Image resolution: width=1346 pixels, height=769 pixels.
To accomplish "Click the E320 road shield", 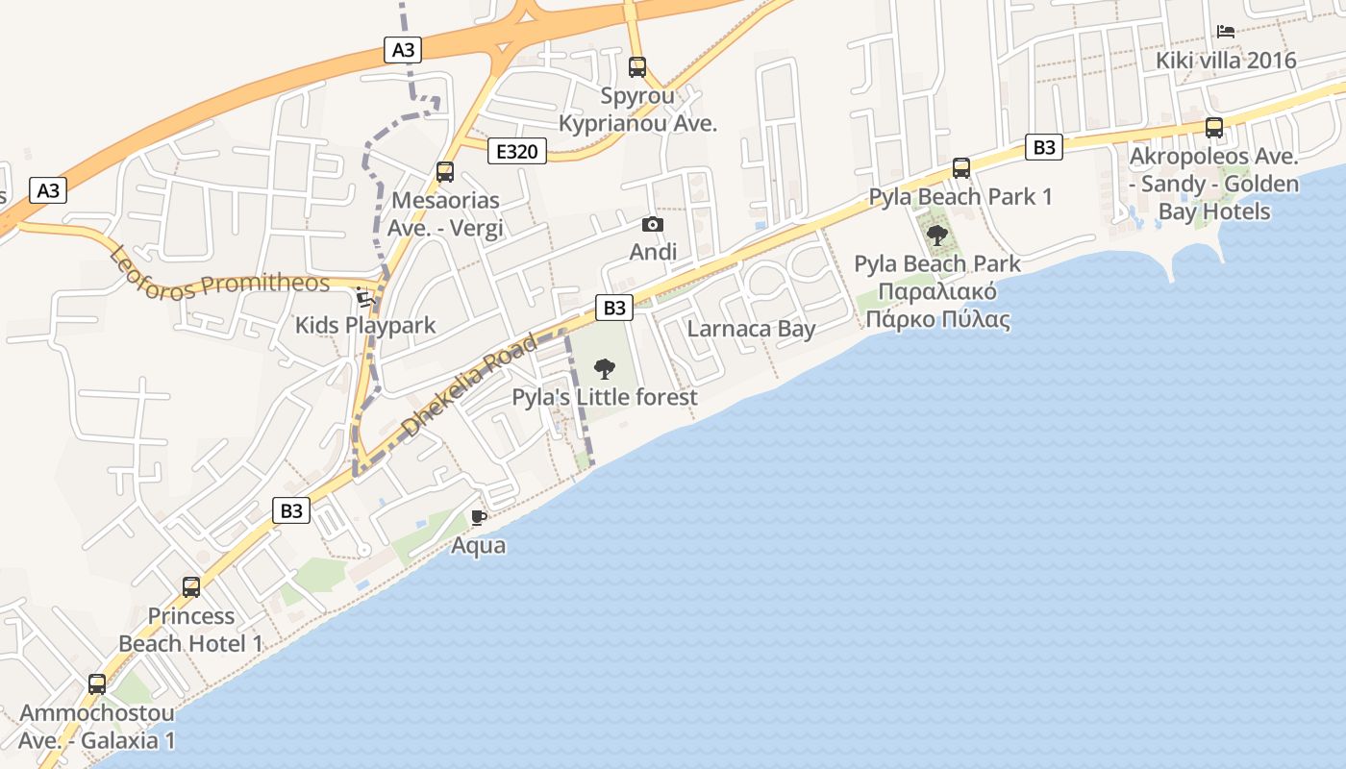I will [x=516, y=151].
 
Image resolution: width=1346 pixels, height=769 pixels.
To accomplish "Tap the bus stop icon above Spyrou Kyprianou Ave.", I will [x=637, y=67].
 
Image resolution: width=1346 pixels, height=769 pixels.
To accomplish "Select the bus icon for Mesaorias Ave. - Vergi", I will [x=445, y=172].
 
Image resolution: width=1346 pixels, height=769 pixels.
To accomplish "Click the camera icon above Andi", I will [x=653, y=225].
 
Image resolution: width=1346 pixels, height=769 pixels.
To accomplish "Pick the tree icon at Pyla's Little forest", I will [x=605, y=368].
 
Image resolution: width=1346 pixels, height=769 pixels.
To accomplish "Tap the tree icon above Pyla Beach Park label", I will [x=937, y=236].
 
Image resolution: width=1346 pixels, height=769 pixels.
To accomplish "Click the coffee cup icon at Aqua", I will [x=479, y=518].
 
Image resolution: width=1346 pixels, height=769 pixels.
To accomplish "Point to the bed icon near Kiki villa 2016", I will [x=1226, y=32].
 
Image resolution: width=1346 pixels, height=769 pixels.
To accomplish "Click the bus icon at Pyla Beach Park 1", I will [x=961, y=168].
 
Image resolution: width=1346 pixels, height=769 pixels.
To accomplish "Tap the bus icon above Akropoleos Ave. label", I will [x=1214, y=128].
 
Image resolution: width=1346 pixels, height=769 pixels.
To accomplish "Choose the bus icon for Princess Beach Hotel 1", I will [x=191, y=587].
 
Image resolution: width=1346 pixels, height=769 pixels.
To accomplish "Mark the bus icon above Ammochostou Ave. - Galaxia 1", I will [x=97, y=684].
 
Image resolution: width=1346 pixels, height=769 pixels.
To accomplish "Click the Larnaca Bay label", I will [x=751, y=329].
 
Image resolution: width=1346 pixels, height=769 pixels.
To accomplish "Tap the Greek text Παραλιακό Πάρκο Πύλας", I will [x=937, y=306].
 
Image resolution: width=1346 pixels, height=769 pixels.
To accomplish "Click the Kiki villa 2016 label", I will [x=1226, y=61].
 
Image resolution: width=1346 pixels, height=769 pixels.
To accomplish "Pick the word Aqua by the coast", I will [x=479, y=546].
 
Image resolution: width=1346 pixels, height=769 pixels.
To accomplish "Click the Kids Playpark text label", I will [x=365, y=326].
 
